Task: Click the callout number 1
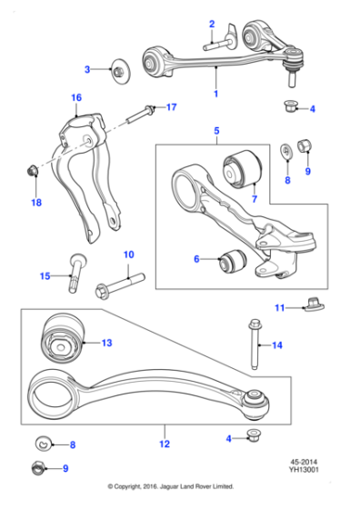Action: click(x=215, y=95)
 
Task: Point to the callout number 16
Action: click(x=75, y=97)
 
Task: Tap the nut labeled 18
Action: click(x=32, y=169)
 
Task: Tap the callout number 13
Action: click(x=106, y=343)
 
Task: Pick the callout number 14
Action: click(x=277, y=345)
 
